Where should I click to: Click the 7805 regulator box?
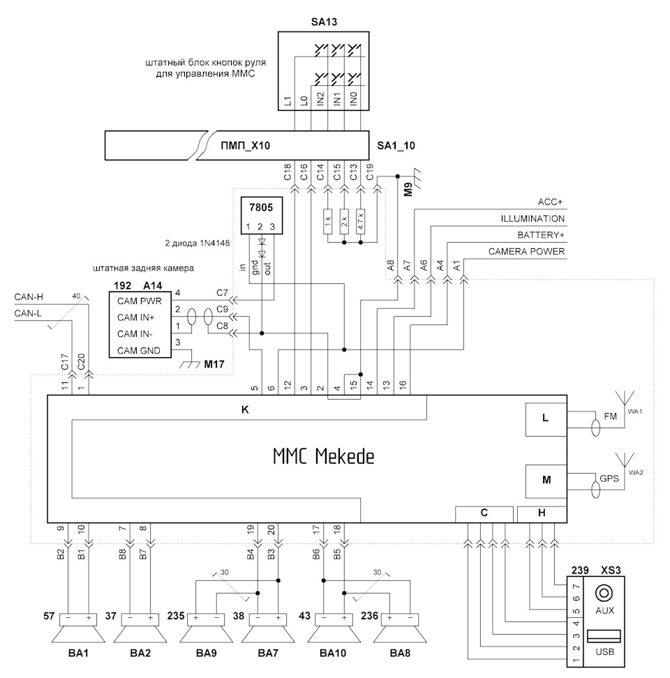click(261, 216)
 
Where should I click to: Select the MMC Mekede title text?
click(323, 457)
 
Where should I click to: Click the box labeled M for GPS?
click(546, 481)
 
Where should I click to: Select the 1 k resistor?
click(327, 223)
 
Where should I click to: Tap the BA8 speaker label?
click(401, 654)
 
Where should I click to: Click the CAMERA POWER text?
click(526, 251)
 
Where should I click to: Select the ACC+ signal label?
click(551, 202)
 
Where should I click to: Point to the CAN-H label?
click(29, 298)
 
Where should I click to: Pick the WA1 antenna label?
click(634, 411)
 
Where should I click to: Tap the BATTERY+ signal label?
click(541, 235)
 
